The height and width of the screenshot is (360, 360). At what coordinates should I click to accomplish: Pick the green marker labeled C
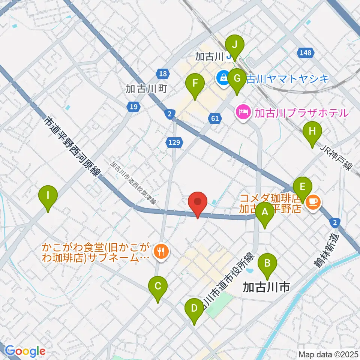[x=158, y=288]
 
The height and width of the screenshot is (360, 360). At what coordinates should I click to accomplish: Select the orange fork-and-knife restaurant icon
[x=162, y=252]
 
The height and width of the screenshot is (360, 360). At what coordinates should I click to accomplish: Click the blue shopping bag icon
[x=223, y=79]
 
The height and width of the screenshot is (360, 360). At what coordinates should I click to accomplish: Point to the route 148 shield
[x=305, y=53]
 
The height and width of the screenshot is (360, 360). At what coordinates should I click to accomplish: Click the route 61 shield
[x=214, y=119]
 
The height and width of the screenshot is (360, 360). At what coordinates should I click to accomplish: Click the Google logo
[x=25, y=351]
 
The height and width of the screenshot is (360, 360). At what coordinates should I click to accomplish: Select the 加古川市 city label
[x=266, y=288]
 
